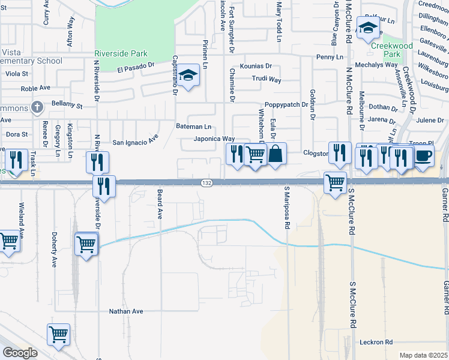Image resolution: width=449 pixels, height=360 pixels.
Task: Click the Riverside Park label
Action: pyautogui.click(x=123, y=52)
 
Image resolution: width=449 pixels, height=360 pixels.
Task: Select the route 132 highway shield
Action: pyautogui.click(x=205, y=182)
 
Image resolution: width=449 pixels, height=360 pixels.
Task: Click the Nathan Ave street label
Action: pyautogui.click(x=126, y=311)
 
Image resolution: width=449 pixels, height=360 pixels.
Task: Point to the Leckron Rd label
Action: pyautogui.click(x=376, y=342)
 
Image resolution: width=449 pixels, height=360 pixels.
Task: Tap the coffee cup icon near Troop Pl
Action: pyautogui.click(x=424, y=155)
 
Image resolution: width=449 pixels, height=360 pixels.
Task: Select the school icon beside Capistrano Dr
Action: pyautogui.click(x=188, y=75)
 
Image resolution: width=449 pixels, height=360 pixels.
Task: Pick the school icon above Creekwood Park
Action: pyautogui.click(x=367, y=27)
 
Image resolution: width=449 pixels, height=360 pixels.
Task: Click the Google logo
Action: pyautogui.click(x=20, y=353)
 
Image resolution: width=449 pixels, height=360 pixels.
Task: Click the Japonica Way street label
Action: pyautogui.click(x=214, y=139)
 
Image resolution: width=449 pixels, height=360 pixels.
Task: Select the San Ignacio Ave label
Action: pyautogui.click(x=135, y=142)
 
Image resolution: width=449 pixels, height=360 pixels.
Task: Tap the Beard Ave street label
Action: pyautogui.click(x=160, y=205)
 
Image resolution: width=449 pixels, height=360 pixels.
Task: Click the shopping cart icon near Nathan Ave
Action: pyautogui.click(x=59, y=334)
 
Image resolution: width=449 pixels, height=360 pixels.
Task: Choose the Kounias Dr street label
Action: pyautogui.click(x=256, y=67)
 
